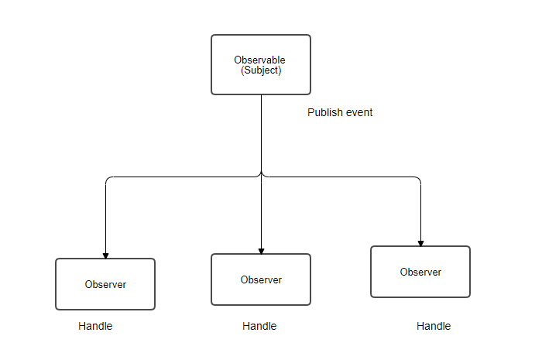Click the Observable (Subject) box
pos(261,64)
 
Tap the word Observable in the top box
pos(260,60)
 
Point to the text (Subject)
pos(261,70)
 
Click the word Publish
pos(324,112)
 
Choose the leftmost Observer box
pos(105,284)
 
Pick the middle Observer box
pos(261,279)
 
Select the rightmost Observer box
pos(420,272)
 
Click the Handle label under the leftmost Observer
pos(95,326)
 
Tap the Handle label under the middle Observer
pos(259,326)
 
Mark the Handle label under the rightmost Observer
pos(434,326)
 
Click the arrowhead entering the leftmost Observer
pos(105,255)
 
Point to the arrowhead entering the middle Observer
pos(261,250)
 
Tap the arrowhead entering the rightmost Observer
pos(420,242)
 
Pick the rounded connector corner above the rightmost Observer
pos(419,179)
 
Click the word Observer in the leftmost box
pos(105,284)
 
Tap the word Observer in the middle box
pos(261,279)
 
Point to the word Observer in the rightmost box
pos(420,272)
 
